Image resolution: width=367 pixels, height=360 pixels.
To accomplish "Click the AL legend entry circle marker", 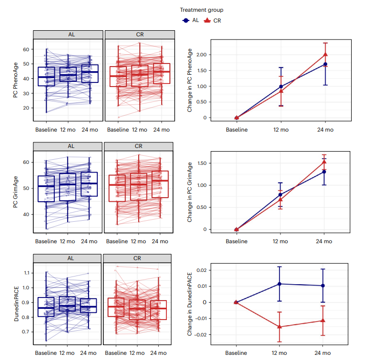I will tap(185, 20).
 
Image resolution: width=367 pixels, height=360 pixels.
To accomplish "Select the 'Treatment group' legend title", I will tap(202, 10).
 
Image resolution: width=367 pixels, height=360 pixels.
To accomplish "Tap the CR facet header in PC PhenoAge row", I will tap(139, 35).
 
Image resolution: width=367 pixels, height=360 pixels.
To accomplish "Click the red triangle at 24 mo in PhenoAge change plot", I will tap(325, 54).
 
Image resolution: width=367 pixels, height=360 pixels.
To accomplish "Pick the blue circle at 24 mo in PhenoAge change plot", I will tap(325, 64).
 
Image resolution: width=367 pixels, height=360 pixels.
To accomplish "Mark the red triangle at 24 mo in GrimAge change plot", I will tap(324, 162).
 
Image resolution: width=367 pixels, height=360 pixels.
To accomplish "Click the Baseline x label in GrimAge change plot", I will tap(236, 241).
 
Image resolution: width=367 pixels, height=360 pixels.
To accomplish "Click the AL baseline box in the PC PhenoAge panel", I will tap(46, 76).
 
